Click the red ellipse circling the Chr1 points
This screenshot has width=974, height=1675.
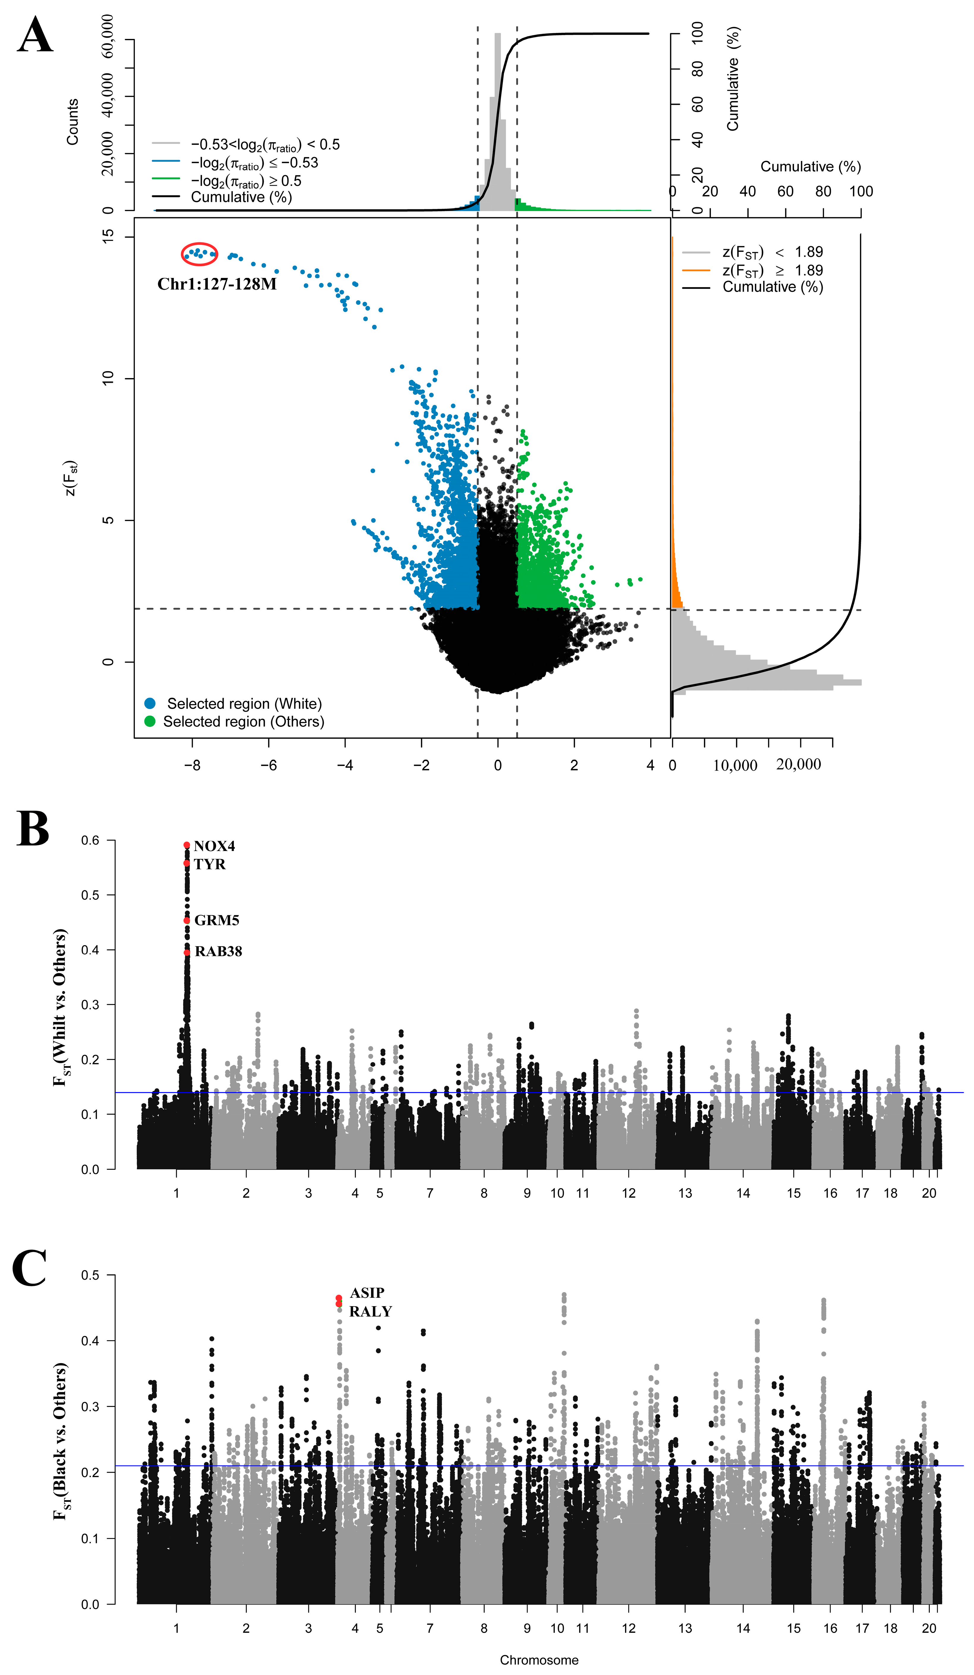199,253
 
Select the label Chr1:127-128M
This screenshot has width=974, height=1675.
217,284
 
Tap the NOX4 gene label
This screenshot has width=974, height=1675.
214,846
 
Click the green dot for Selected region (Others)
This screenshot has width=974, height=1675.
150,721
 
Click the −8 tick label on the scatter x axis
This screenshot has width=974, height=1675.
192,765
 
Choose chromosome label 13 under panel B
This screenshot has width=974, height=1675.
685,1193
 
